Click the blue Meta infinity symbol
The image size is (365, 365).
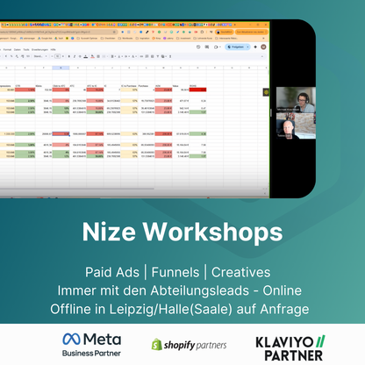click(x=73, y=339)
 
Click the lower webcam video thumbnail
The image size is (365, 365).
click(x=295, y=125)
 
